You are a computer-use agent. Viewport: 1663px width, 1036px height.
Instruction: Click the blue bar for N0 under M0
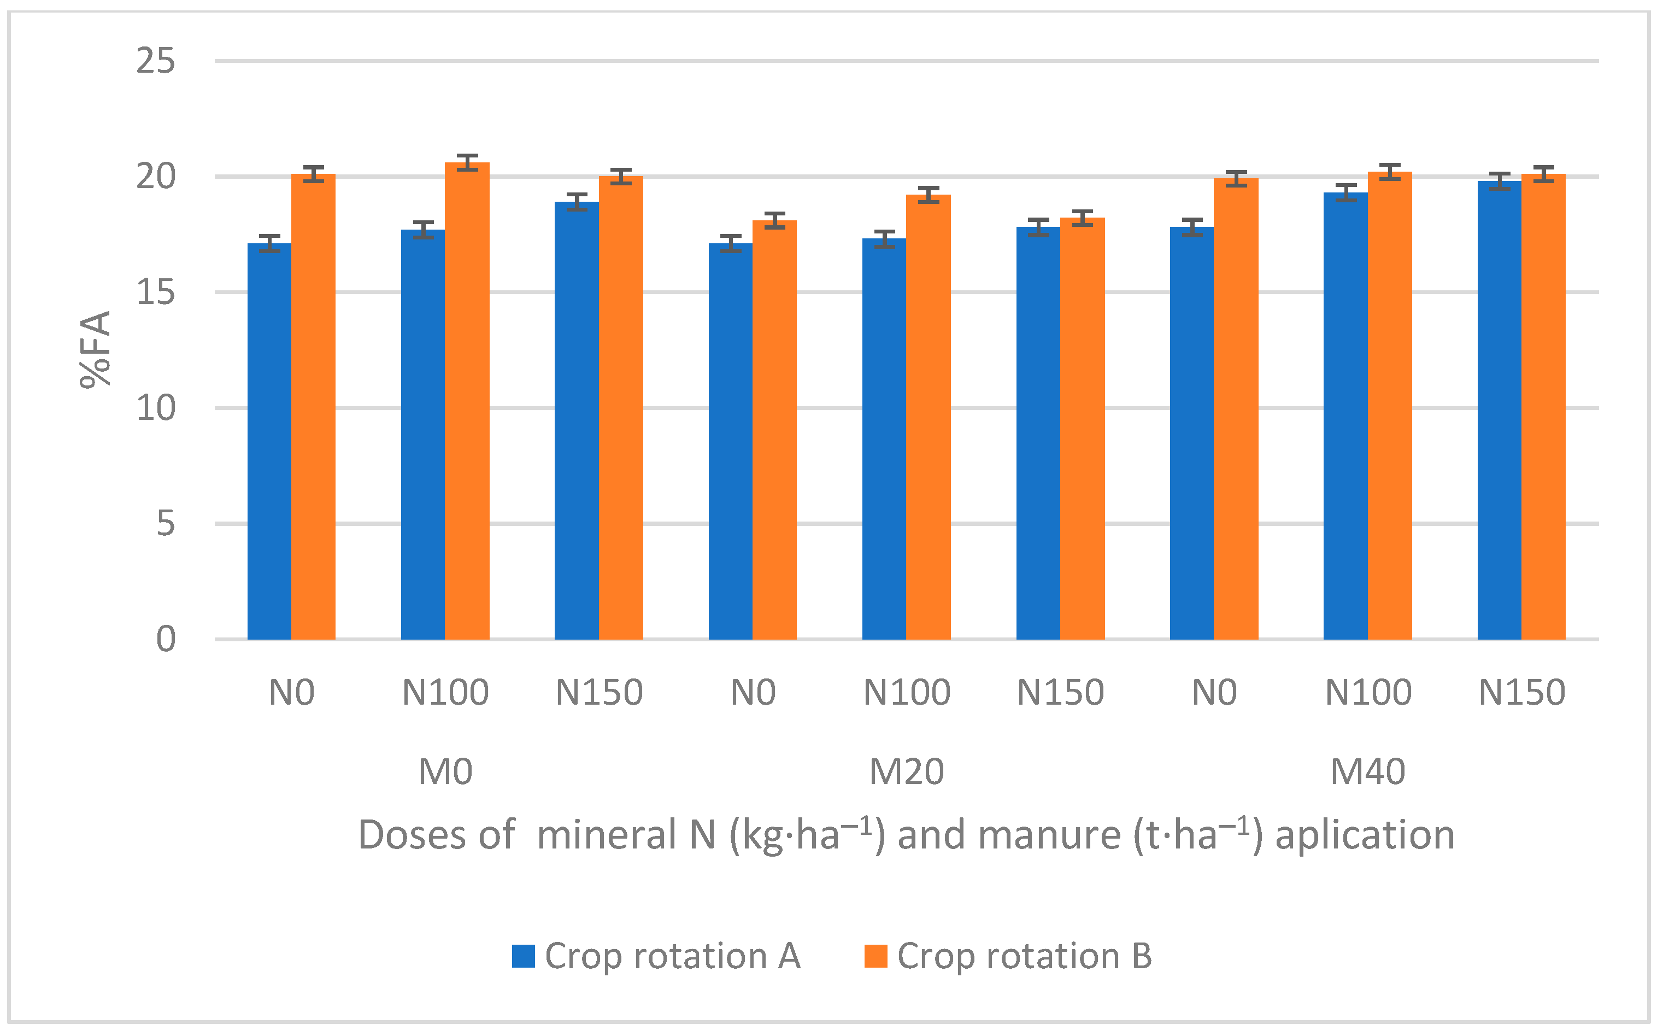click(269, 442)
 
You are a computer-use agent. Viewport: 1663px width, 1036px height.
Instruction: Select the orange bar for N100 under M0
click(467, 401)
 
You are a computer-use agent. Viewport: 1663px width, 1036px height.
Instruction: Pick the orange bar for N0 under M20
click(774, 430)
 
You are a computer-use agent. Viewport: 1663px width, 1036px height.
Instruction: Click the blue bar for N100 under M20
click(884, 438)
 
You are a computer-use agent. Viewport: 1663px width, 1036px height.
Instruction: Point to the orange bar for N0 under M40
click(1236, 408)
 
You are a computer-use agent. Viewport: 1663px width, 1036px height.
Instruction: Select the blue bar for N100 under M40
click(1345, 416)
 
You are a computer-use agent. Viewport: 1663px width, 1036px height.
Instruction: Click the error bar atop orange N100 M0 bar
click(467, 162)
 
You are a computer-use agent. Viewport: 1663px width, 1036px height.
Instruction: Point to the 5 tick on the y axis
click(165, 524)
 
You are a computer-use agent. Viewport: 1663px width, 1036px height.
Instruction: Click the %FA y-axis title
click(95, 349)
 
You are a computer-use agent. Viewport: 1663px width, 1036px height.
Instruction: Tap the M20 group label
click(906, 772)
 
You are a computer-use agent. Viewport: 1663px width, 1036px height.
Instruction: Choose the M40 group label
click(1367, 772)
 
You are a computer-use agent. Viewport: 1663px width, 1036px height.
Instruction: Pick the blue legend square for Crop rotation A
click(524, 956)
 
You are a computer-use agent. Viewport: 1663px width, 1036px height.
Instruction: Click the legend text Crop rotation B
click(1024, 956)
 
